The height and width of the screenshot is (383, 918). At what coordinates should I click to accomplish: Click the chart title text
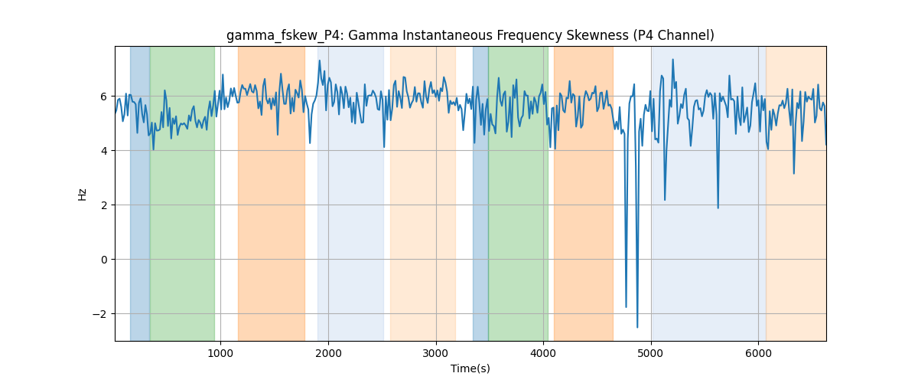pyautogui.click(x=470, y=36)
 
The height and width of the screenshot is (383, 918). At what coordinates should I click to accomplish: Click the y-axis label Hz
pyautogui.click(x=83, y=194)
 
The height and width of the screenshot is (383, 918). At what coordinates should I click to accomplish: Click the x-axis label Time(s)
pyautogui.click(x=470, y=368)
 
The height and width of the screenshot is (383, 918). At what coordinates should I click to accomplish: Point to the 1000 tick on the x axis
pyautogui.click(x=220, y=353)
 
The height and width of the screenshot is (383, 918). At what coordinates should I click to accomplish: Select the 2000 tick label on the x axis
pyautogui.click(x=328, y=353)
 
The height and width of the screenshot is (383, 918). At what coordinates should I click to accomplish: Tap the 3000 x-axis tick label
pyautogui.click(x=435, y=353)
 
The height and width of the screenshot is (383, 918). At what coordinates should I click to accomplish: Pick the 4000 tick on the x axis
pyautogui.click(x=543, y=353)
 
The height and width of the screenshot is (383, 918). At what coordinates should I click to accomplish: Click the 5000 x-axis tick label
pyautogui.click(x=651, y=353)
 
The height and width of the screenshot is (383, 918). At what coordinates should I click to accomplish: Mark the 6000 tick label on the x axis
pyautogui.click(x=759, y=353)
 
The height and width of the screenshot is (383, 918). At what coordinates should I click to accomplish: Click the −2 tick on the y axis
pyautogui.click(x=101, y=314)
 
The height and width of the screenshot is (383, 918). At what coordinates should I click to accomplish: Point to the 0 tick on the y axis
pyautogui.click(x=104, y=260)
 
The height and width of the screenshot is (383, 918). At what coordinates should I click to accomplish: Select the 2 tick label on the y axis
pyautogui.click(x=104, y=205)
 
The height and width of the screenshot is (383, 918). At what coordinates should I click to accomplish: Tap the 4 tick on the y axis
pyautogui.click(x=104, y=151)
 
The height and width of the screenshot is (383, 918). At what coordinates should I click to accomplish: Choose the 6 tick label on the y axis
pyautogui.click(x=104, y=97)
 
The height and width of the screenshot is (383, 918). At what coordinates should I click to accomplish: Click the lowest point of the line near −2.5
pyautogui.click(x=637, y=327)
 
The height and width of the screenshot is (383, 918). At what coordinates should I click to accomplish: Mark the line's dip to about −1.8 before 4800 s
pyautogui.click(x=626, y=307)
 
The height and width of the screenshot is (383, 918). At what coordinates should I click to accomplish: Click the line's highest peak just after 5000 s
pyautogui.click(x=672, y=60)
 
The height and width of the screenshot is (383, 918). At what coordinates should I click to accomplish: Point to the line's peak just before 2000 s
pyautogui.click(x=320, y=61)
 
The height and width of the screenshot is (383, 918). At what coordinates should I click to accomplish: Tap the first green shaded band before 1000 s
pyautogui.click(x=182, y=193)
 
